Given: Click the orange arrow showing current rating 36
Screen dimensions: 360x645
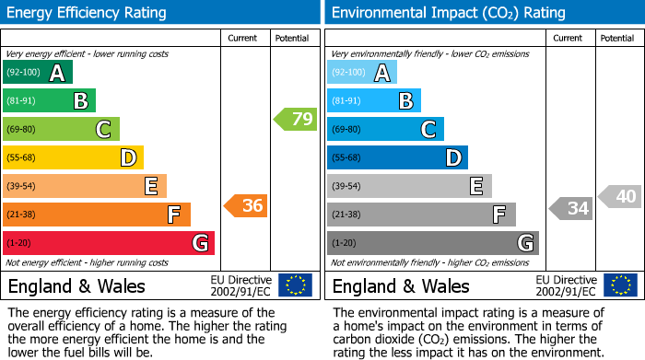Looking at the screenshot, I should click(246, 206).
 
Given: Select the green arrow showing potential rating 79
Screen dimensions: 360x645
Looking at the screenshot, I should click(295, 120).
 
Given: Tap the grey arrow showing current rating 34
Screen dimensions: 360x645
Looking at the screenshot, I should click(570, 209).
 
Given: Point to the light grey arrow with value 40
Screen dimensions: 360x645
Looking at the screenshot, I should click(620, 196).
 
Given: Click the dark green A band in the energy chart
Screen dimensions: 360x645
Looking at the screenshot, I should click(37, 73).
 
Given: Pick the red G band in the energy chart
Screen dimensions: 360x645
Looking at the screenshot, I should click(108, 243).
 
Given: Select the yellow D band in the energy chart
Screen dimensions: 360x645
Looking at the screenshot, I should click(73, 157).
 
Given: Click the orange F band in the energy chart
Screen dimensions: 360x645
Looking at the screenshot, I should click(96, 215).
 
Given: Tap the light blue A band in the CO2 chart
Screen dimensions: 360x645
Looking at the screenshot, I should click(361, 73).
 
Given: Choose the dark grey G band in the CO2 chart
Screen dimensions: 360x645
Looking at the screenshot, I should click(432, 243).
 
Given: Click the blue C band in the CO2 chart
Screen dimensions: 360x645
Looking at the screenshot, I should click(385, 129).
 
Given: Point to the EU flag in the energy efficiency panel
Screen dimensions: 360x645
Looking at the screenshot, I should click(295, 285).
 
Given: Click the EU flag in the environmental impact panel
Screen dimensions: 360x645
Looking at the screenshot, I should click(620, 285).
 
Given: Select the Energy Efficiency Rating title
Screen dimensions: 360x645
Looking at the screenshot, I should click(87, 13).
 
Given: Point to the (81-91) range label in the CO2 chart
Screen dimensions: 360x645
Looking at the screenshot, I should click(346, 101).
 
